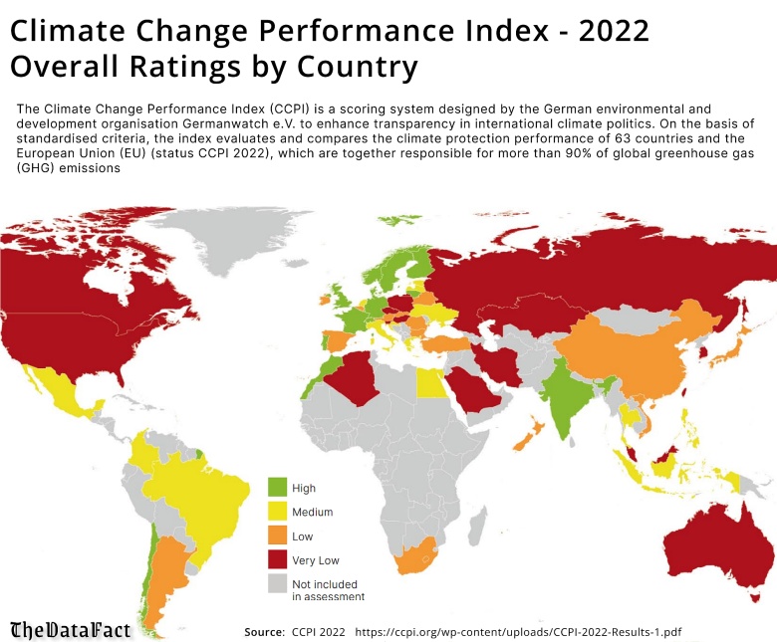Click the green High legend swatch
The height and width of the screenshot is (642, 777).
point(278,487)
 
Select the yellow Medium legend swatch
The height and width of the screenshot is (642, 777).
point(278,512)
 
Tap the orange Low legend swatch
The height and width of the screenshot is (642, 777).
point(278,536)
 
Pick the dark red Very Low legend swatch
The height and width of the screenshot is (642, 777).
point(278,561)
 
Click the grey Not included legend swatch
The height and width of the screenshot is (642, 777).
point(278,585)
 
